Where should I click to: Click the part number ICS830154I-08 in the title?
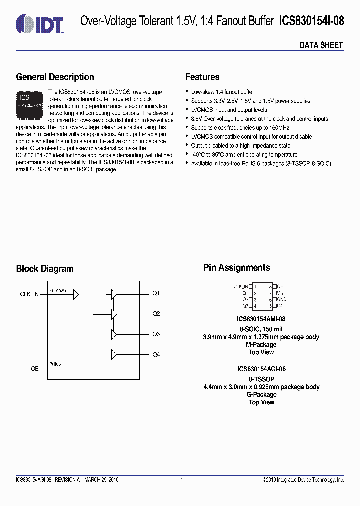click(311, 21)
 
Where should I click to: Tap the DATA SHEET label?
click(321, 45)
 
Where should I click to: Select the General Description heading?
click(55, 77)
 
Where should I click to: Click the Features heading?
click(202, 77)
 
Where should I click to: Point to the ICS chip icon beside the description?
click(30, 103)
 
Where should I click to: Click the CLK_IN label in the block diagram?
click(29, 295)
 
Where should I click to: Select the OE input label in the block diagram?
click(35, 368)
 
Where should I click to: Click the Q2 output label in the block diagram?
click(156, 314)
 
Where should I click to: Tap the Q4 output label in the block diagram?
click(156, 354)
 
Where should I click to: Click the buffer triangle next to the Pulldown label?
click(76, 295)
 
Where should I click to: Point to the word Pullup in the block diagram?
click(55, 364)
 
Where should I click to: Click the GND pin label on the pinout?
click(281, 299)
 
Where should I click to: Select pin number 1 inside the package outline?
click(255, 287)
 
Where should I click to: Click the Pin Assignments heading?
click(236, 268)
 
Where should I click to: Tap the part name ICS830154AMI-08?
click(261, 319)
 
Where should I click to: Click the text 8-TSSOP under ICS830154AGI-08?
click(261, 379)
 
